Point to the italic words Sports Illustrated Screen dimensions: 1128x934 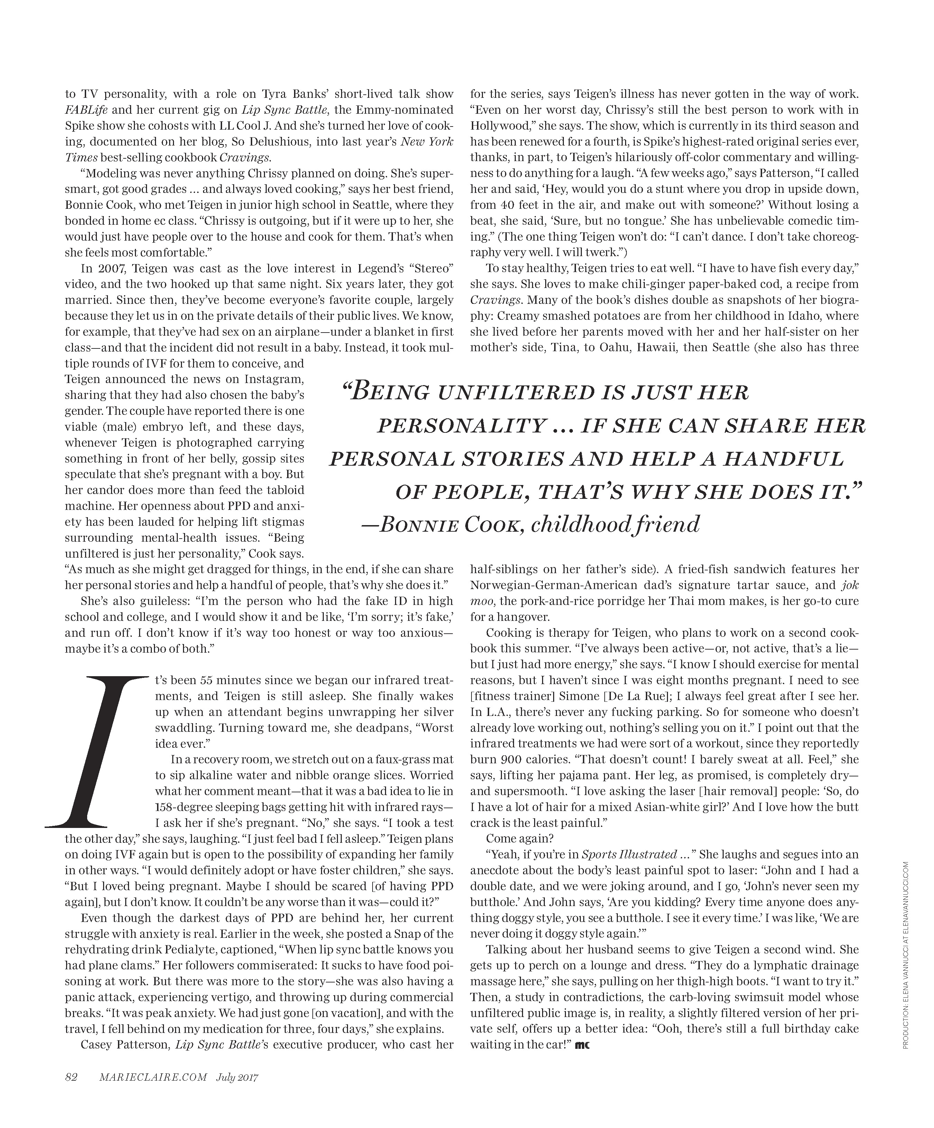629,855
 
